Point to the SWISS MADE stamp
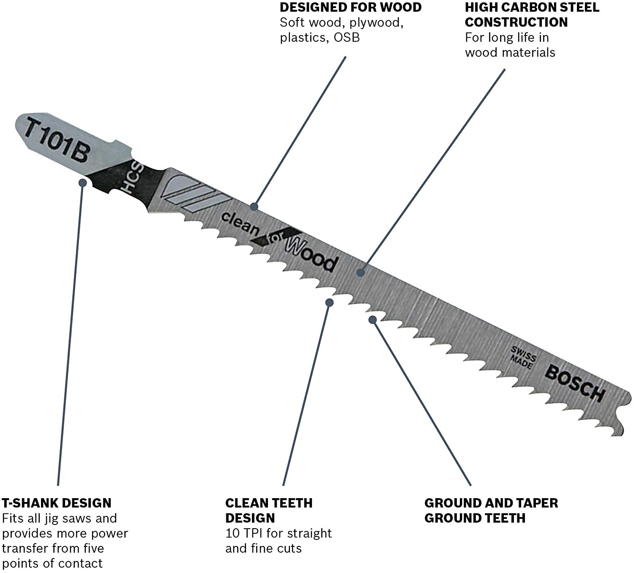[523, 357]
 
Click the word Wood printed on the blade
[312, 256]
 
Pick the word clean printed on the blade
[240, 224]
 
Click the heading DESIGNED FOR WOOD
[350, 7]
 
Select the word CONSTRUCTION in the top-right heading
[516, 22]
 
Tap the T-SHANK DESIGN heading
[57, 503]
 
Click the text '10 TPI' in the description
[244, 533]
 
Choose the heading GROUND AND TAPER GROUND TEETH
[491, 510]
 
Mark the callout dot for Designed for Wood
[254, 207]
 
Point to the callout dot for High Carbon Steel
[361, 272]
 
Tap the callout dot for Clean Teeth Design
[329, 303]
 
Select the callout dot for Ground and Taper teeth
[373, 320]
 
